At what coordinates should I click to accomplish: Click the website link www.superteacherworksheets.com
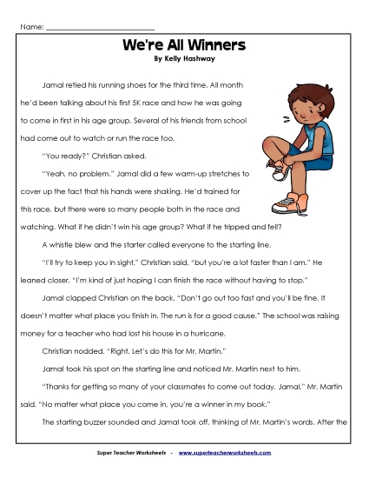[236, 453]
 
